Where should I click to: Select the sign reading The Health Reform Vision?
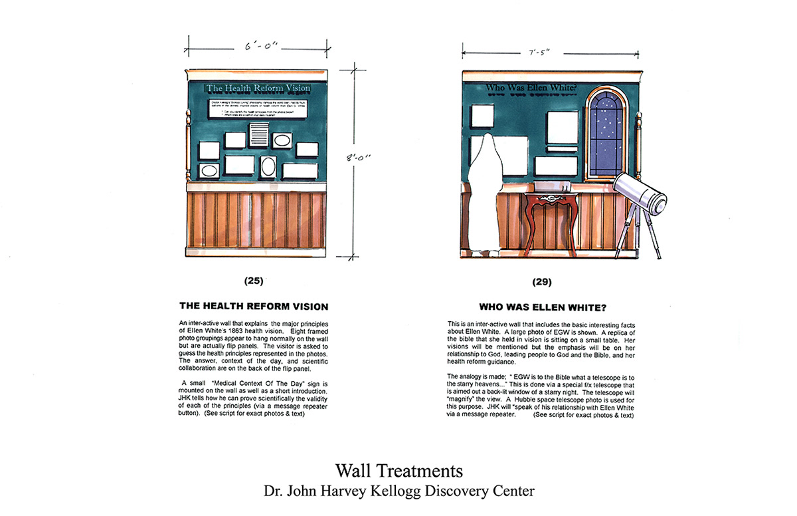click(x=258, y=88)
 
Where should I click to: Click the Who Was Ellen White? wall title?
click(x=531, y=87)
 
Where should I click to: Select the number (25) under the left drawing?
click(x=253, y=281)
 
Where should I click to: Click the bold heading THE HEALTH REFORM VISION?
click(x=254, y=307)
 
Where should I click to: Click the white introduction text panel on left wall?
click(x=258, y=109)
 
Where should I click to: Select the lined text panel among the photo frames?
click(x=257, y=134)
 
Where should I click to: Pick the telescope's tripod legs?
click(x=637, y=233)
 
